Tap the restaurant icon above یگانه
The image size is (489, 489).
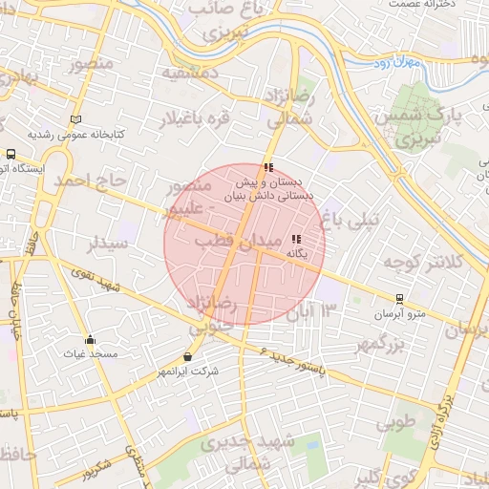pos(296,240)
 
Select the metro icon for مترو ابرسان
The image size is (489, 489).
pos(399,300)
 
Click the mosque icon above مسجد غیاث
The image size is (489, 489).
pos(90,339)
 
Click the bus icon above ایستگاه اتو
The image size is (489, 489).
pos(11,153)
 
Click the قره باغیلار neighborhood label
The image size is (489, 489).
pos(195,119)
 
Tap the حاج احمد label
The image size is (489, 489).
pos(90,180)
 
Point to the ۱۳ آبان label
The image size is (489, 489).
pos(317,310)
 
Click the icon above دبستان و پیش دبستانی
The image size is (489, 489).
pos(268,167)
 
